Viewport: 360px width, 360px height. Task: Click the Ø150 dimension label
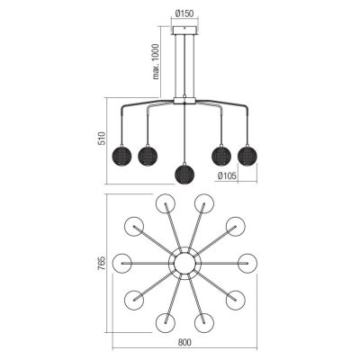[x=184, y=13]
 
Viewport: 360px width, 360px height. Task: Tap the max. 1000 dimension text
[x=156, y=61]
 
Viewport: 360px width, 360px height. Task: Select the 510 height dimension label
[x=103, y=139]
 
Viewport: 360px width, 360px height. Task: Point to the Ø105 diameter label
[x=227, y=176]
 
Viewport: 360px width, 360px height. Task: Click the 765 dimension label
[x=103, y=264]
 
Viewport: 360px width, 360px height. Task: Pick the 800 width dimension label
[x=184, y=342]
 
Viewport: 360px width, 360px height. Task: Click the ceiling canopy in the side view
[x=184, y=31]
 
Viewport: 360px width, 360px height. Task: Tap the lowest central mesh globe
[x=184, y=173]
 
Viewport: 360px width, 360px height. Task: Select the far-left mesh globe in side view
[x=121, y=155]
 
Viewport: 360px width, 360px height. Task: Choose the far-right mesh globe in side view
[x=247, y=155]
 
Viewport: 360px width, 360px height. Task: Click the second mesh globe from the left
[x=148, y=155]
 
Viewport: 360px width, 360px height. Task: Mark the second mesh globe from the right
[x=221, y=155]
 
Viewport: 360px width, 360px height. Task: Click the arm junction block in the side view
[x=184, y=100]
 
